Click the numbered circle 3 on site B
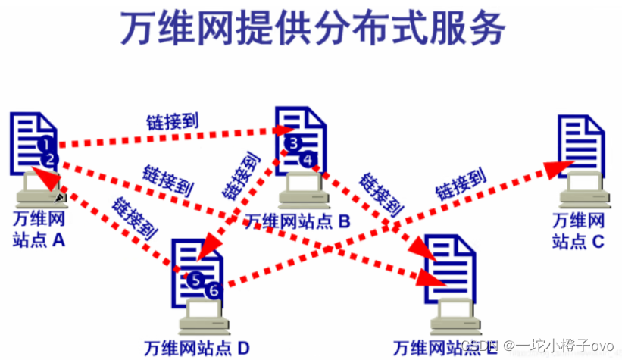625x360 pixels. pyautogui.click(x=295, y=142)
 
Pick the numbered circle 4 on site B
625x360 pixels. pyautogui.click(x=306, y=158)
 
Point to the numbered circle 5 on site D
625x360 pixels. pyautogui.click(x=196, y=279)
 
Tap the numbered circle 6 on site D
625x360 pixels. pyautogui.click(x=213, y=289)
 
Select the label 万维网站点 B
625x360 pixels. pyautogui.click(x=297, y=221)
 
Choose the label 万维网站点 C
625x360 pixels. pyautogui.click(x=579, y=230)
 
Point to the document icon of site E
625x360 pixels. pyautogui.click(x=451, y=265)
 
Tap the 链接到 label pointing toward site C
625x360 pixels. pyautogui.click(x=460, y=184)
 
